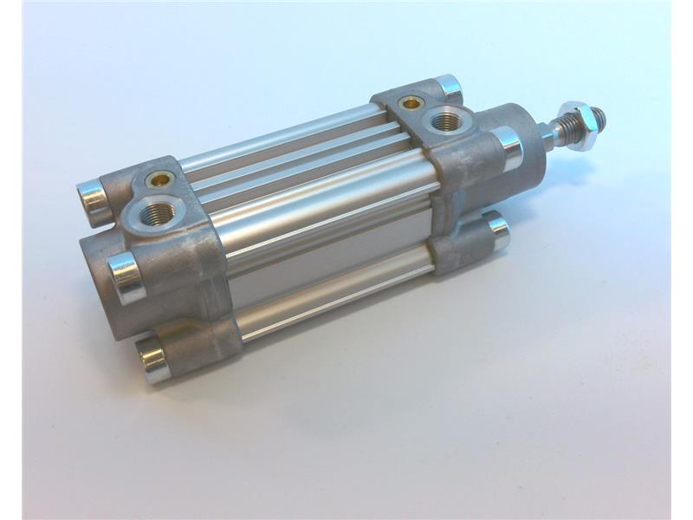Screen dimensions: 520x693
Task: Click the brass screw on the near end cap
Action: click(159, 179)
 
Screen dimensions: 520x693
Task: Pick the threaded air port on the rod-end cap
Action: click(445, 120)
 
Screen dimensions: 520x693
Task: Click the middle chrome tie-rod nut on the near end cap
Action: click(126, 276)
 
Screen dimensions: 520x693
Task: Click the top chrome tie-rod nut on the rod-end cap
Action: click(449, 87)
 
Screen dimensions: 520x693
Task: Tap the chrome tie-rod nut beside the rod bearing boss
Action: click(508, 146)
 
